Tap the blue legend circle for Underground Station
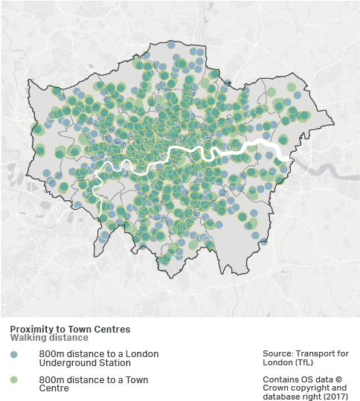tap(14, 354)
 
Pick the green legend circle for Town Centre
tap(14, 380)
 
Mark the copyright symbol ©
tap(339, 379)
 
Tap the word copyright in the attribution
tap(311, 388)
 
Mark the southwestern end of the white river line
tap(100, 215)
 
